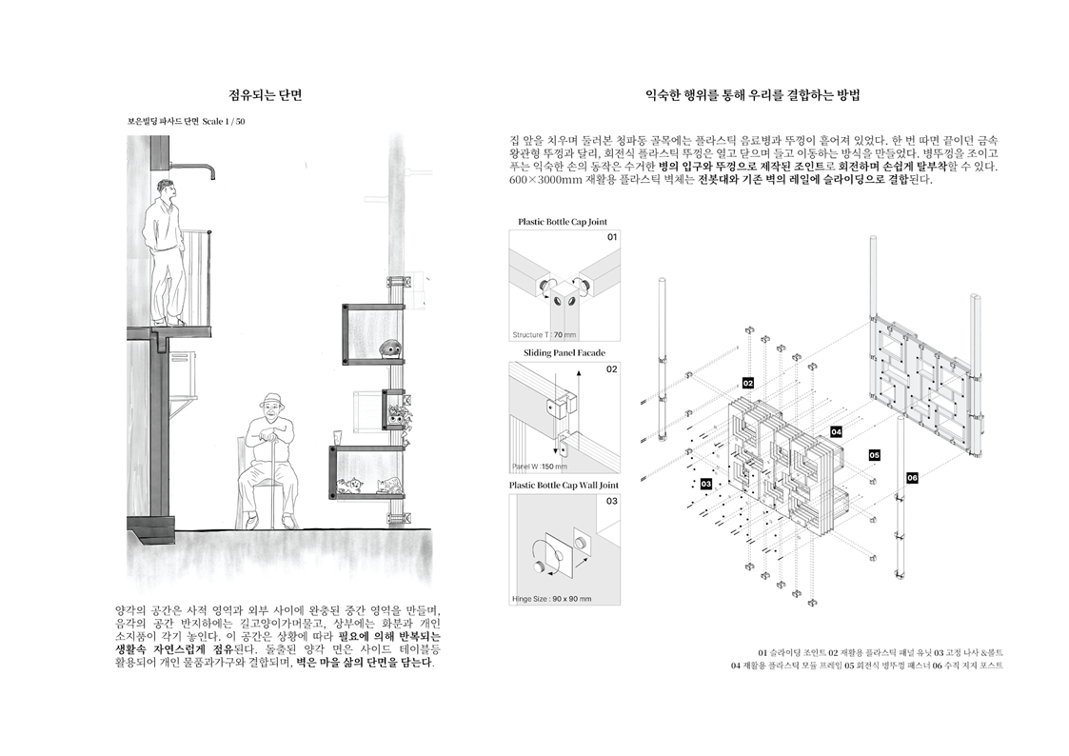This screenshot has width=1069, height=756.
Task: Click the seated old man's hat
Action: coord(273,400)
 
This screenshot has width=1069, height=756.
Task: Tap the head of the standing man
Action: coord(166,189)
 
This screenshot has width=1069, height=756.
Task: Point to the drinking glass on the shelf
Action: coord(336,436)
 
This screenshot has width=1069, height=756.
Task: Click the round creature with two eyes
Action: coord(390,349)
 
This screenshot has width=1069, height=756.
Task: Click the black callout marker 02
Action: coord(748,383)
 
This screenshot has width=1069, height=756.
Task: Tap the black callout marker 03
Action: coord(706,484)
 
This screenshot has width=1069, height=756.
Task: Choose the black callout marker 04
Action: coord(836,431)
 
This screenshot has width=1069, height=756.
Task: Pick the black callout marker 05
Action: coord(874,455)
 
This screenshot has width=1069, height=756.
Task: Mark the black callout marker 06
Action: coord(912,478)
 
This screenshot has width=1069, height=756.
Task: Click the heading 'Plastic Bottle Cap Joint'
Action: coord(562,222)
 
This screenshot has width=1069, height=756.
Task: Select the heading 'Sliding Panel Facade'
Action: coord(564,353)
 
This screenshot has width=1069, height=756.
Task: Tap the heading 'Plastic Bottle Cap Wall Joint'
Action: coord(564,486)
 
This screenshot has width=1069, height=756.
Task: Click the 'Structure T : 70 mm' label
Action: coord(544,335)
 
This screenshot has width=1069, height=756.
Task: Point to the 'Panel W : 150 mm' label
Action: coord(540,467)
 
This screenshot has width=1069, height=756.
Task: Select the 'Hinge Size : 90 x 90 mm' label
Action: coord(551,599)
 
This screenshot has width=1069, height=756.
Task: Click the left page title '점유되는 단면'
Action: coord(266,95)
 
